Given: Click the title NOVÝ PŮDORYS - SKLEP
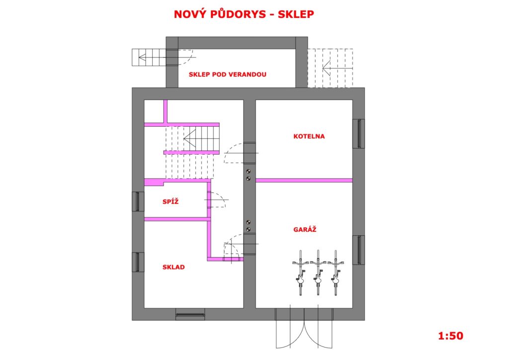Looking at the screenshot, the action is (244, 14).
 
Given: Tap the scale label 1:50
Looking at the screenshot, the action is (450, 336).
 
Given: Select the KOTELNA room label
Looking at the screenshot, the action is (309, 136).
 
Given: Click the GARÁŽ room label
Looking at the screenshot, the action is (305, 229).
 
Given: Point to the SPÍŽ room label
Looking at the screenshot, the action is (170, 201).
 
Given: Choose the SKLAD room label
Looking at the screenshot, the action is (173, 267).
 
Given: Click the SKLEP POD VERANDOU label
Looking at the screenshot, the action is (227, 75).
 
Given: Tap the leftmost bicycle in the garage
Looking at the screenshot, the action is (301, 272).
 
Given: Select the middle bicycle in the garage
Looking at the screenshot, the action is (318, 272).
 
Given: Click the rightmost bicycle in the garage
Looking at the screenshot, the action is (336, 272).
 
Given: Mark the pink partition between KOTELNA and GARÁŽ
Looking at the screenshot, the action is (304, 180).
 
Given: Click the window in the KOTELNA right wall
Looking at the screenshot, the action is (359, 133).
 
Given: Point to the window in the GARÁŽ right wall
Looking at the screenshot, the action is (359, 250).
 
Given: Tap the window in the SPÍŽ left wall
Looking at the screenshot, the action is (138, 201).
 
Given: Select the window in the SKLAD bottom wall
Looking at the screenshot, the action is (190, 314).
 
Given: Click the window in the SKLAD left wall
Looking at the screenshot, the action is (138, 262).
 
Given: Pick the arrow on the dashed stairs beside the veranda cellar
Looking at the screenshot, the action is (338, 69).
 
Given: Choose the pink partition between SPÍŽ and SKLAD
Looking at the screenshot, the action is (176, 219).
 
